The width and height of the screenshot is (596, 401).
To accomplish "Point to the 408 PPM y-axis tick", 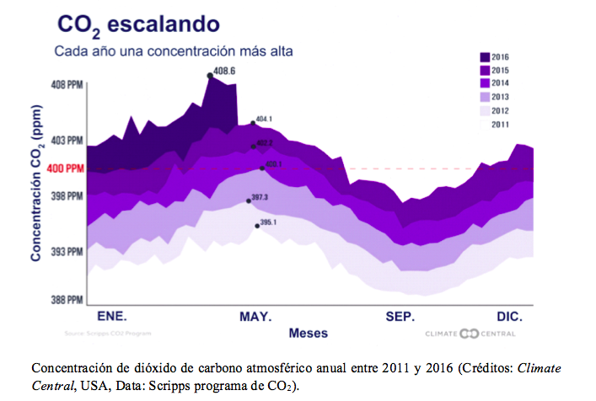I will pos(67,85).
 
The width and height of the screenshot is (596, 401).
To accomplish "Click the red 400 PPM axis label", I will pos(66,168).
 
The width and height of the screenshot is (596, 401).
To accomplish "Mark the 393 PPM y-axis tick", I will pos(67,252).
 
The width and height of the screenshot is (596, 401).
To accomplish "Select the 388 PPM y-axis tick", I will pos(67,300).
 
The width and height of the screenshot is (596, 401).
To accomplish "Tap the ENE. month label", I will pos(112,317).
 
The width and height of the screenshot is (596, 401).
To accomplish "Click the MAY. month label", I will pos(255,317).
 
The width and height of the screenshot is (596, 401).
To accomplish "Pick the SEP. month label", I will pos(400,317).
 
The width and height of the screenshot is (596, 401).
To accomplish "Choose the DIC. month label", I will pos(509,317).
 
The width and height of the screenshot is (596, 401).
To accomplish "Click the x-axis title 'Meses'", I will pos(309,333).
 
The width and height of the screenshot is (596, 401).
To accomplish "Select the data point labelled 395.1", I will pos(257,226).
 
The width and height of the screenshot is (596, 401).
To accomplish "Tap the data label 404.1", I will pos(263,119).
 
